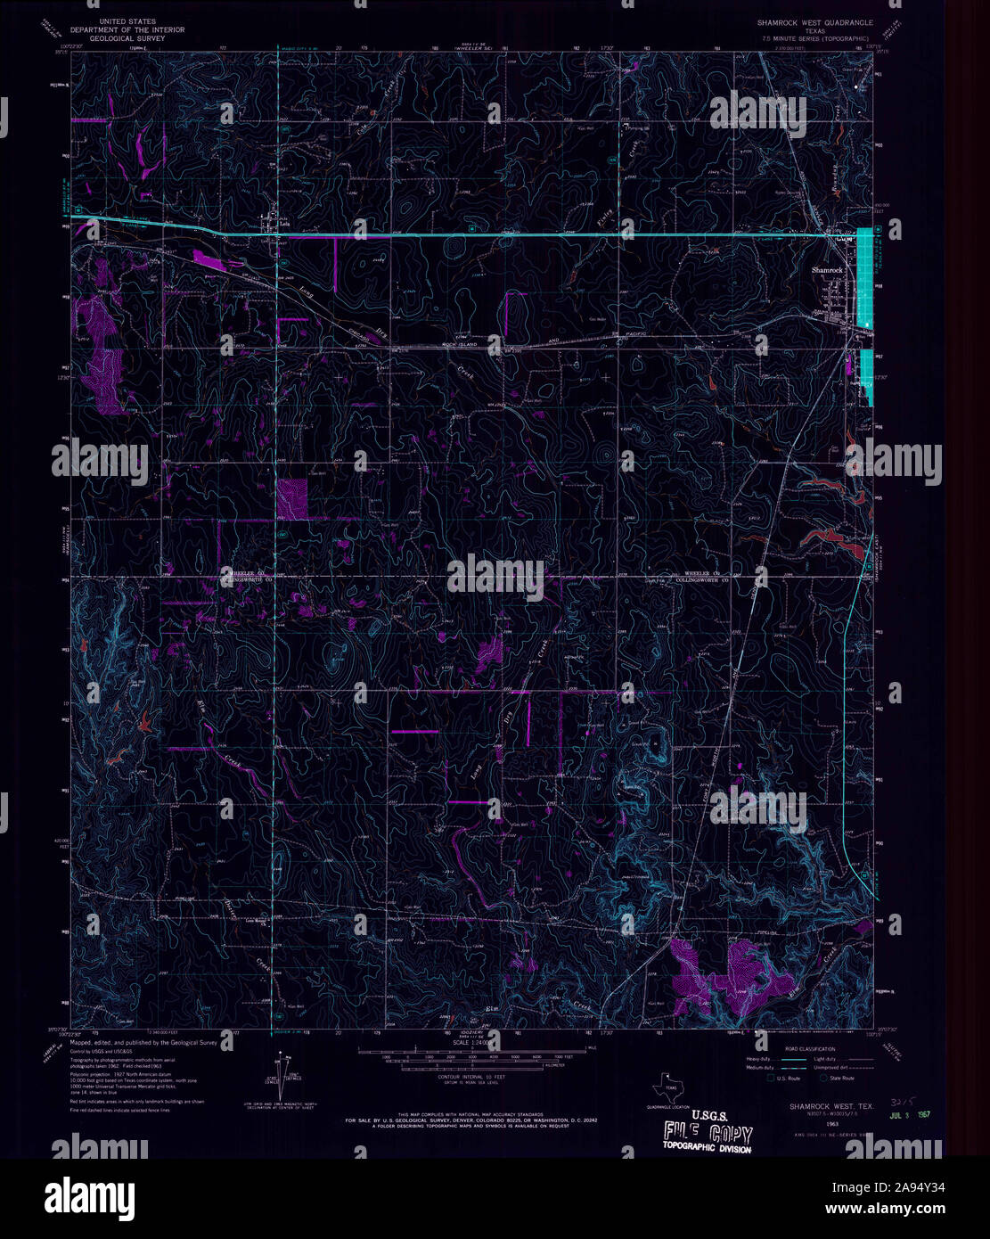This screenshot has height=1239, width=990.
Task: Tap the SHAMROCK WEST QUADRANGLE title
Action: point(815,21)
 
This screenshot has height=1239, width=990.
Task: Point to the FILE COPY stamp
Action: point(707,1134)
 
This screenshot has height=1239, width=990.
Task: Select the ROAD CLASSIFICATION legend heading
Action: point(810,1049)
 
